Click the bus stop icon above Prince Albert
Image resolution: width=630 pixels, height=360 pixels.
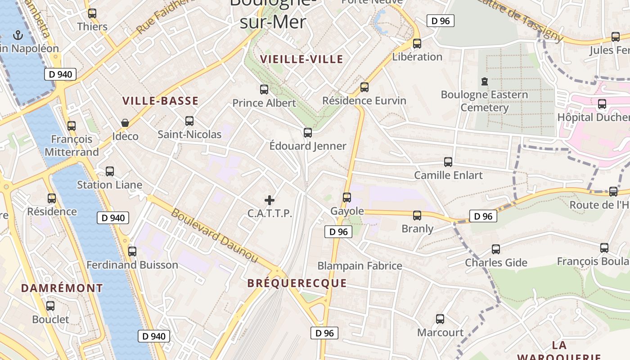(x=264, y=89)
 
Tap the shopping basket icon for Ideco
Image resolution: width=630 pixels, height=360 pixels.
(x=125, y=123)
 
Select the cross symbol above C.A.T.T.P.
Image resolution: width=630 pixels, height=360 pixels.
(x=270, y=200)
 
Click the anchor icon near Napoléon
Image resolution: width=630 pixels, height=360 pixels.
(x=18, y=35)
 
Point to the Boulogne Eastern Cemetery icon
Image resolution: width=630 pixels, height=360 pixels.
(x=484, y=81)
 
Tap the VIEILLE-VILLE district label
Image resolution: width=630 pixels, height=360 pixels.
(x=301, y=59)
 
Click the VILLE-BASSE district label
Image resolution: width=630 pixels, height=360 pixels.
(x=160, y=101)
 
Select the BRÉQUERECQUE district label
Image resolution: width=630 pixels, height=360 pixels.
(x=297, y=283)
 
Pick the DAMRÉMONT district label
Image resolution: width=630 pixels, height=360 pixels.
(x=62, y=288)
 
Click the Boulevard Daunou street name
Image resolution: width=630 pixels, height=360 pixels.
(x=215, y=236)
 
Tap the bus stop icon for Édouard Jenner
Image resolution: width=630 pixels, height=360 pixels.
(x=308, y=132)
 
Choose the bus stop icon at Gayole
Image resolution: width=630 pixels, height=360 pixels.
(x=347, y=197)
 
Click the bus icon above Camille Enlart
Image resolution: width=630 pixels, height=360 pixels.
(x=448, y=162)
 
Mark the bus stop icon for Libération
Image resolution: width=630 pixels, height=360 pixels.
(x=417, y=43)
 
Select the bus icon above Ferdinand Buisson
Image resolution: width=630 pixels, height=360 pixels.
(x=132, y=251)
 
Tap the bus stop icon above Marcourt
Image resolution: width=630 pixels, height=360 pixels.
(x=440, y=319)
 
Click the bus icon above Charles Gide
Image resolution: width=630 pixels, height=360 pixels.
(x=496, y=249)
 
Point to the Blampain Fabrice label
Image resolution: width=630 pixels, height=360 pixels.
(x=360, y=265)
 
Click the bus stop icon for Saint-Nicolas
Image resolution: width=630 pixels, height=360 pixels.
(x=189, y=121)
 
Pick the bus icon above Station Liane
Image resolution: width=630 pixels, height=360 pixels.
(x=110, y=171)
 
